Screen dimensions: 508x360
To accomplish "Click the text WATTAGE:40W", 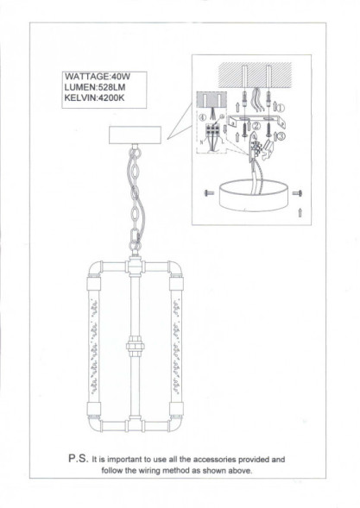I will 96,76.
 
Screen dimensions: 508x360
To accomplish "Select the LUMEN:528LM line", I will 95,87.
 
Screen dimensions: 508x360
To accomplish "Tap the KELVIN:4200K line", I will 97,98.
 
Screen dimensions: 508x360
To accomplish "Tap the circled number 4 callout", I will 203,116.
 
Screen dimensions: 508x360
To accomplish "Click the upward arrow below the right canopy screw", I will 299,210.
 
